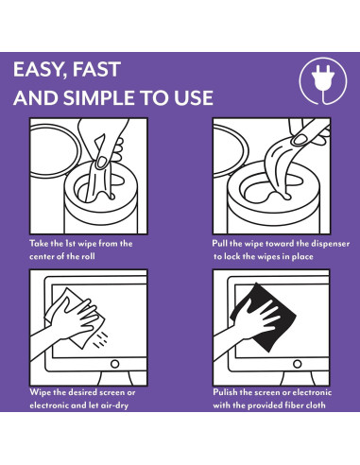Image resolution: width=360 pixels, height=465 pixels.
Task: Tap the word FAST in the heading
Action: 96,69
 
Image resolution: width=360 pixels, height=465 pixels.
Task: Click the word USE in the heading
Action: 194,97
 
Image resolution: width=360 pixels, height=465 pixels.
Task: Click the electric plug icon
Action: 323,81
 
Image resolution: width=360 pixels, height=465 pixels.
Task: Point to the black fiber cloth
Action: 265,317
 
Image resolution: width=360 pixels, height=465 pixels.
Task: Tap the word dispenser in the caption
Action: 331,244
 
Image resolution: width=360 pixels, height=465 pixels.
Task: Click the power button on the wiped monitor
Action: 115,364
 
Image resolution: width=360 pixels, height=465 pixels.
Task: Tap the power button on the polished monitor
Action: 298,364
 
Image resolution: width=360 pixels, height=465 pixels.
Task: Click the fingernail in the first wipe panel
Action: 101,162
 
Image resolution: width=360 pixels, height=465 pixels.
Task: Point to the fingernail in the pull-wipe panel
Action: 298,140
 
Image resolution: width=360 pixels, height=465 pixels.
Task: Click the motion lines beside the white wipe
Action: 101,340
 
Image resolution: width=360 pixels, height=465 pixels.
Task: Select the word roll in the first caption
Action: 88,256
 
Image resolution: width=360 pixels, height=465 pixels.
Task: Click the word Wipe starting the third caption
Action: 40,392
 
